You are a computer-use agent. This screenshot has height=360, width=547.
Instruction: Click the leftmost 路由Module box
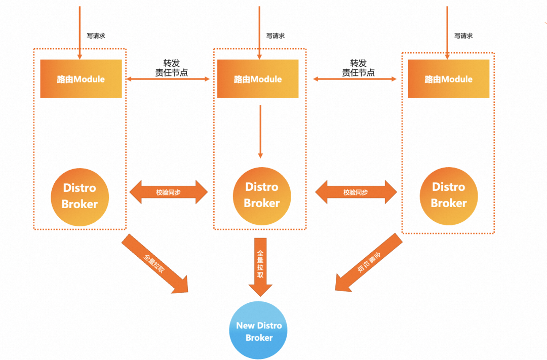81,79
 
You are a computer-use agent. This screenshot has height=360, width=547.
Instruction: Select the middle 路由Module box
258,79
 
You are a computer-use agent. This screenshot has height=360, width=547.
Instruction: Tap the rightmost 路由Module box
449,79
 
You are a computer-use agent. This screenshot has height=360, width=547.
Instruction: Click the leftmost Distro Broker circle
80,197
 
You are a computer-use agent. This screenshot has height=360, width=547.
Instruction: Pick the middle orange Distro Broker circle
262,196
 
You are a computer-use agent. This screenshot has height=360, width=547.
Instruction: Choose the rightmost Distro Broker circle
449,196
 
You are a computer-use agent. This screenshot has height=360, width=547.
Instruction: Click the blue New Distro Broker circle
258,330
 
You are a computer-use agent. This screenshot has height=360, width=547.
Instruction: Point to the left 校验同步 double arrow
169,192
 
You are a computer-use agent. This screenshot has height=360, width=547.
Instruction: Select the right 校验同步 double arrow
356,192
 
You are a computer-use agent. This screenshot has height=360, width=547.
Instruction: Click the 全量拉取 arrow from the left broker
155,264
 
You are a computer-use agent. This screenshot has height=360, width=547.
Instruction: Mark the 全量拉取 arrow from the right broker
369,262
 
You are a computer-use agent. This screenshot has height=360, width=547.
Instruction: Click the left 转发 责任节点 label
171,68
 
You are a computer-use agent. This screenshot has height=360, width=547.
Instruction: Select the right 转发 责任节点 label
358,68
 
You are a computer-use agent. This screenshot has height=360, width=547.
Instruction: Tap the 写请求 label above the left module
96,35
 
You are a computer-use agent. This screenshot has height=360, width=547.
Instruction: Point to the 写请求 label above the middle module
276,35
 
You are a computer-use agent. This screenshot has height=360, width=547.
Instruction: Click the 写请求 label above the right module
463,35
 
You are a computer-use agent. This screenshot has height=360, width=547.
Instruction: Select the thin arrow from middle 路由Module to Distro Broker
260,132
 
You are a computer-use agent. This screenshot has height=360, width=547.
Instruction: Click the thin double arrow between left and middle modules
168,79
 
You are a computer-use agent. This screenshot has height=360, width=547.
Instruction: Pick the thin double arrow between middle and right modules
355,79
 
